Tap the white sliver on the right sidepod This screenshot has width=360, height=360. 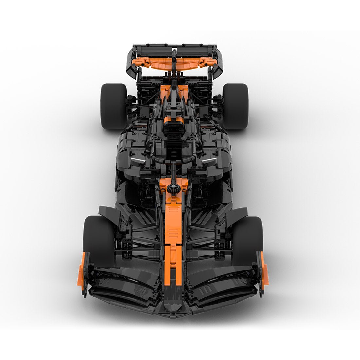[x=207, y=160]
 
